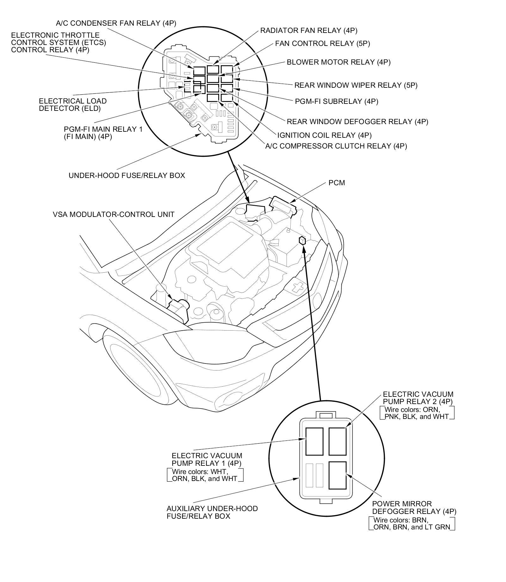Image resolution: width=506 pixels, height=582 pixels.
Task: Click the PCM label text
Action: (336, 183)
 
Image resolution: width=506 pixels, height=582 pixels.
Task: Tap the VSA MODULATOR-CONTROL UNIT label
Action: (114, 214)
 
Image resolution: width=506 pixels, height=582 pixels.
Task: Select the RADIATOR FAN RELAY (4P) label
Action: (309, 30)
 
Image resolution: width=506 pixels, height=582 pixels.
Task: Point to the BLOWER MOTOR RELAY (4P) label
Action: (338, 62)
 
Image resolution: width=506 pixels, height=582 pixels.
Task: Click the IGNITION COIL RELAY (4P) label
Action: (324, 135)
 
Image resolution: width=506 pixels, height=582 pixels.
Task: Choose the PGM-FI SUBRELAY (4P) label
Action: (336, 101)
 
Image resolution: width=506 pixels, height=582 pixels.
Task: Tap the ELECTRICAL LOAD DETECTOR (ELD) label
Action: (73, 105)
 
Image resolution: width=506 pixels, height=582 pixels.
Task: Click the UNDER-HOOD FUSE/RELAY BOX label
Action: (127, 175)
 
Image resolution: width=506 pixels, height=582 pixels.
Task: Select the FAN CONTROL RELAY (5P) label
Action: (322, 43)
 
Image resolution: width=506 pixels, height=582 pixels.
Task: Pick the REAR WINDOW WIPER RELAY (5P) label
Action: (356, 85)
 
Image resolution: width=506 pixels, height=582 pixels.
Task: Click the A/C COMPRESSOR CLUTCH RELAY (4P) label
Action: (336, 146)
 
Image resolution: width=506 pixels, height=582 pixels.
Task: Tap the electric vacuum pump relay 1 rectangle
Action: (314, 441)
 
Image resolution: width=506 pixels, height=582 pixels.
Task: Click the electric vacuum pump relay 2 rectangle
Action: (337, 441)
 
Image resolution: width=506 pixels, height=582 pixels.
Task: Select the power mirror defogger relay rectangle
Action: (337, 475)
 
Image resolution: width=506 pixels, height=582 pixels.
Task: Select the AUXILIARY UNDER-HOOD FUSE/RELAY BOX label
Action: (212, 512)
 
